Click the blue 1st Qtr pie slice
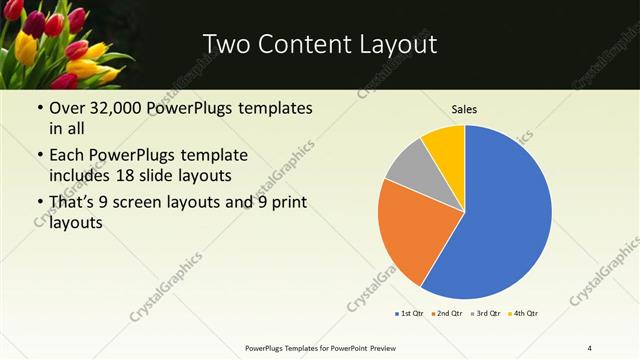[x=505, y=215]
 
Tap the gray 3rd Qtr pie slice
[x=408, y=164]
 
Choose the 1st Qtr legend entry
[x=408, y=314]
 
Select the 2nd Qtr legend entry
[x=446, y=314]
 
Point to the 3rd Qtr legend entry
[x=485, y=314]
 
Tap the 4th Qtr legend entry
[x=524, y=314]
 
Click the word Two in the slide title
[x=224, y=45]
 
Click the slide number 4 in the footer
[x=590, y=347]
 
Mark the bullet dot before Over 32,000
[x=38, y=108]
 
